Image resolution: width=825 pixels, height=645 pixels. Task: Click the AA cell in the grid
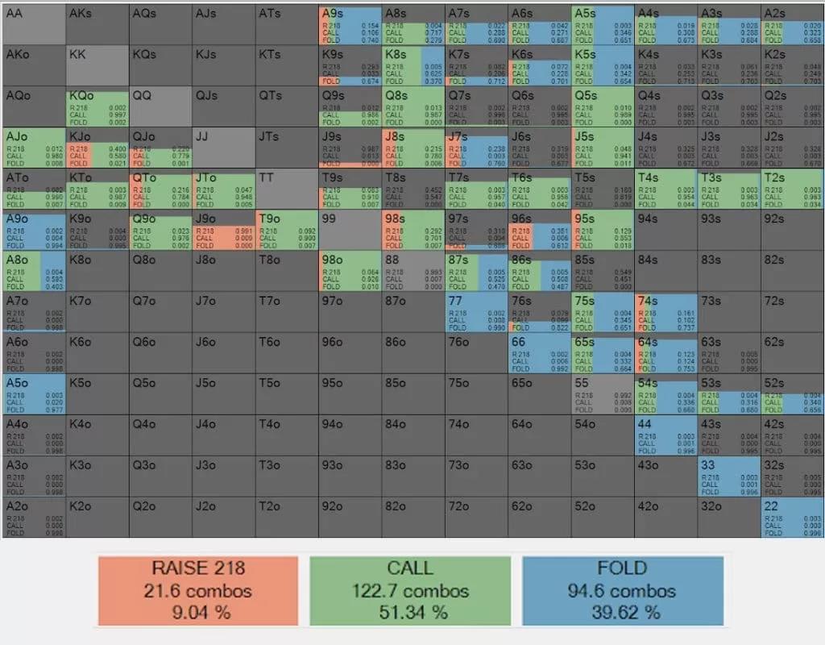pyautogui.click(x=33, y=24)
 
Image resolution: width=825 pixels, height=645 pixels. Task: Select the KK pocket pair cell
pyautogui.click(x=97, y=65)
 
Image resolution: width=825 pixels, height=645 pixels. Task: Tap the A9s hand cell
pyautogui.click(x=350, y=24)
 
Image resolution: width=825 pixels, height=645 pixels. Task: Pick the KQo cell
pyautogui.click(x=97, y=106)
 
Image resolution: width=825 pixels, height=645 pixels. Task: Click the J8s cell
pyautogui.click(x=412, y=148)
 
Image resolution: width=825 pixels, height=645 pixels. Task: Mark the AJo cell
pyautogui.click(x=33, y=148)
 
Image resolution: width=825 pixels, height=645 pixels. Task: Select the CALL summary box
pyautogui.click(x=411, y=590)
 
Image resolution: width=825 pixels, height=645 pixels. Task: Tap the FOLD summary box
pyautogui.click(x=622, y=590)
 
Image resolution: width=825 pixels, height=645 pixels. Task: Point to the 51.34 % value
pyautogui.click(x=411, y=613)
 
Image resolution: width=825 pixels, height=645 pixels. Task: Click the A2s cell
pyautogui.click(x=792, y=24)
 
